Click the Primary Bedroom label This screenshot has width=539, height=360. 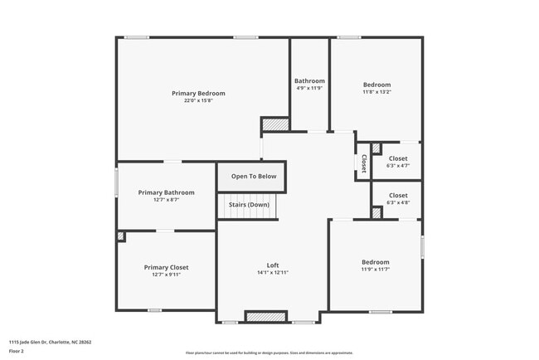(198, 93)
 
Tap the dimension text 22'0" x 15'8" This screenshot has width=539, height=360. (198, 100)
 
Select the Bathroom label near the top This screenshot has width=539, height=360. (309, 80)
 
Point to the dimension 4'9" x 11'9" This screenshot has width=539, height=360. (309, 88)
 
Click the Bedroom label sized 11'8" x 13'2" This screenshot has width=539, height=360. (376, 85)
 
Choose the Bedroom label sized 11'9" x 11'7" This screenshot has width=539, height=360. (375, 261)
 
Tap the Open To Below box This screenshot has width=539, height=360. (253, 176)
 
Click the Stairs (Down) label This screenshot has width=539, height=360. (249, 204)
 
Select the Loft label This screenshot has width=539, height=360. (272, 265)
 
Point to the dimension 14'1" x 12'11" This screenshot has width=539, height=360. (272, 272)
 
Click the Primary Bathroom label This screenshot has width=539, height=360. (166, 192)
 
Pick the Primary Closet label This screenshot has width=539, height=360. (166, 267)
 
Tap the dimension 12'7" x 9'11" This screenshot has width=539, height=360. (166, 275)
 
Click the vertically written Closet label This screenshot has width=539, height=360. (363, 161)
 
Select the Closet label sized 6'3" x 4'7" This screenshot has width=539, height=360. (398, 158)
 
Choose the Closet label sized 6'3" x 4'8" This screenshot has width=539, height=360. (398, 196)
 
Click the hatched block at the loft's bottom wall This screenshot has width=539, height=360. (265, 317)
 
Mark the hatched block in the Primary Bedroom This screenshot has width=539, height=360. (275, 124)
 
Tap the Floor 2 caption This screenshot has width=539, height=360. (17, 351)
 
